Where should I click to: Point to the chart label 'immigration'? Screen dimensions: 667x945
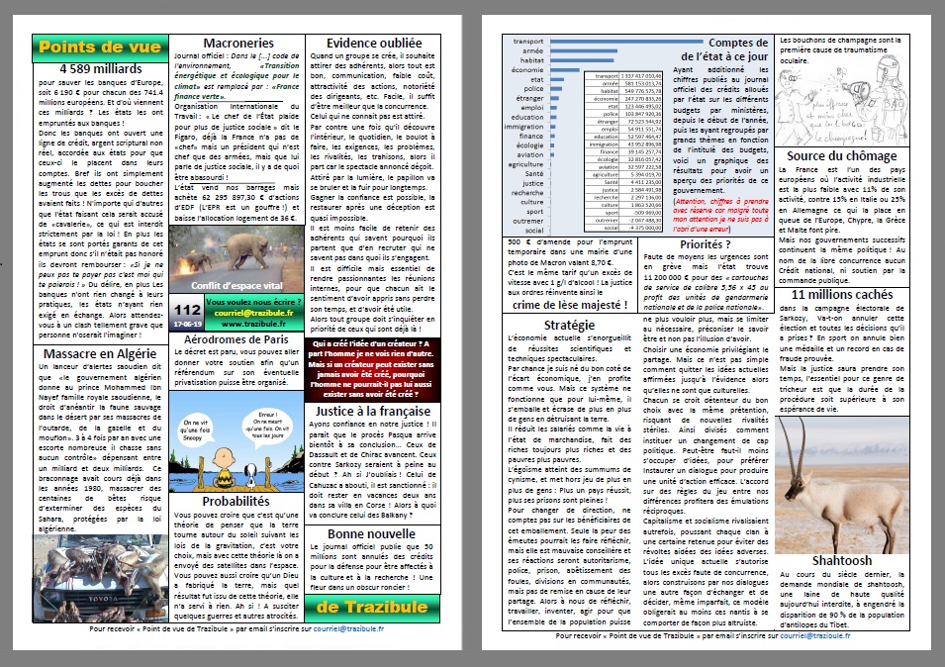click(x=523, y=127)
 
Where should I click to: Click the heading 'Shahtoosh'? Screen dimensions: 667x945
click(x=841, y=560)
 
